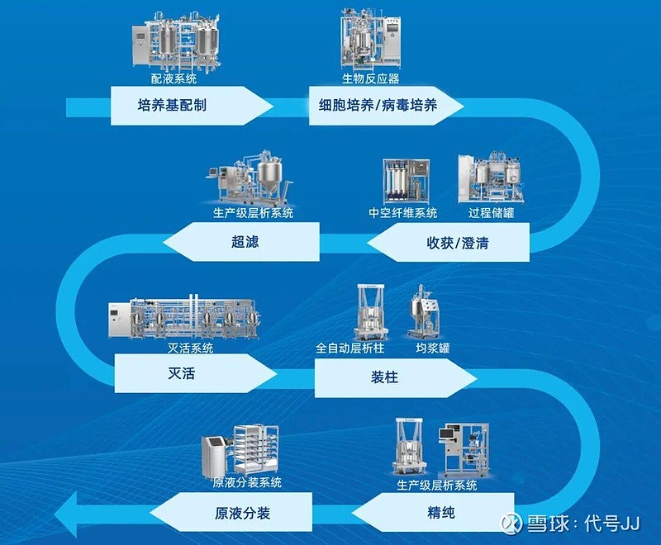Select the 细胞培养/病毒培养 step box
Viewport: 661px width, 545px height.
(384, 107)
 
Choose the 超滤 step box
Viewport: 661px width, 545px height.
(244, 243)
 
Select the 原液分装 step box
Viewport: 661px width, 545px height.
(248, 512)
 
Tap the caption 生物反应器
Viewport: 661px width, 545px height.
(371, 79)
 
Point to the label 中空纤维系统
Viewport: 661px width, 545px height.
(403, 213)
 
